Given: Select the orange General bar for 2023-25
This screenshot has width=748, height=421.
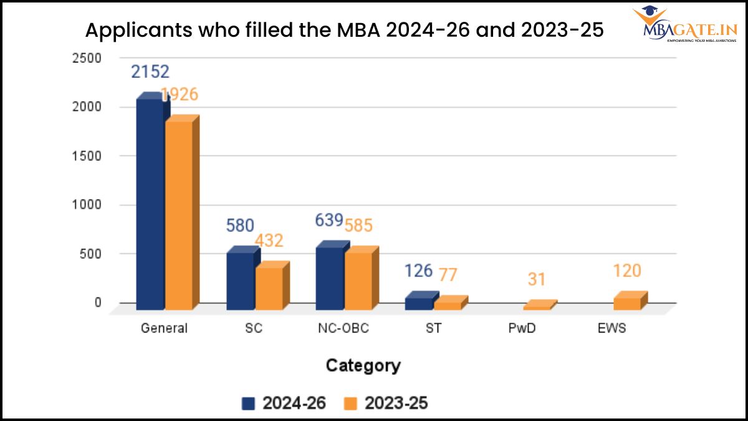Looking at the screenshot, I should (179, 215).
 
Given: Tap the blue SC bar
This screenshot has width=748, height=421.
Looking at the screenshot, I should (240, 281).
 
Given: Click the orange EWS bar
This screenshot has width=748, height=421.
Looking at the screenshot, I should (627, 303).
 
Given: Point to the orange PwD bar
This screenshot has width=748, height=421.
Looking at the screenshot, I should (537, 306).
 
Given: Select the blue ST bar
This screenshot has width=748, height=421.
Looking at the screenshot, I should (419, 303).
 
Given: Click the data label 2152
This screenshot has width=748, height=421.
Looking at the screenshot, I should (150, 72).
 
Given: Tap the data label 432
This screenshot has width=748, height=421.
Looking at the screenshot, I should (269, 241).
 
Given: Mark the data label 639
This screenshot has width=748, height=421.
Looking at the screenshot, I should (330, 220).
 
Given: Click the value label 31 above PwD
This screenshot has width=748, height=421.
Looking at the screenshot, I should (537, 279).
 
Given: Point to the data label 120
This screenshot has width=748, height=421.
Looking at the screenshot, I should (626, 271).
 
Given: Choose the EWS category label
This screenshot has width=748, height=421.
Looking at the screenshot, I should (612, 328).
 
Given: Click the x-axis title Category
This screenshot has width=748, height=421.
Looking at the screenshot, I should (363, 365).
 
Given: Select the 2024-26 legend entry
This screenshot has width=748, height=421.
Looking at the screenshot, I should (284, 404).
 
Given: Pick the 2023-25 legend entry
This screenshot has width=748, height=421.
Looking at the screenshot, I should (386, 404).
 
